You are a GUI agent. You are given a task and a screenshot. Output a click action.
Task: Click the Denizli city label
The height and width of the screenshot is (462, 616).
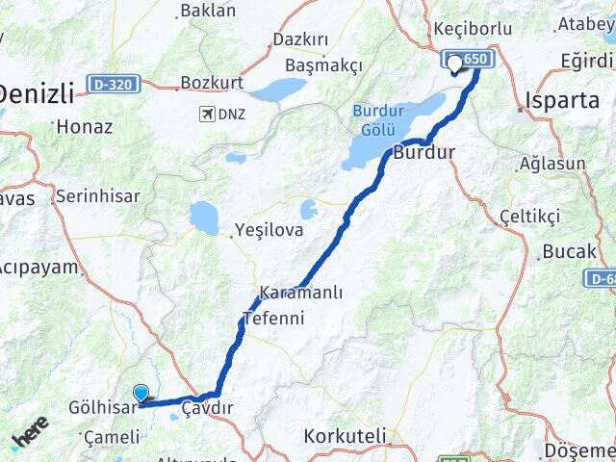pyautogui.click(x=37, y=93)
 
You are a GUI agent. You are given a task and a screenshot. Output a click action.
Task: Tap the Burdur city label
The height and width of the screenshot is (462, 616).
pyautogui.click(x=424, y=153)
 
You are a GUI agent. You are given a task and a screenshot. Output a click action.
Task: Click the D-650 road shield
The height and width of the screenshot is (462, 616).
pyautogui.click(x=469, y=60)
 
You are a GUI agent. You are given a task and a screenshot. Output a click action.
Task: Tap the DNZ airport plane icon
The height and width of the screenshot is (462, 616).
pyautogui.click(x=206, y=115)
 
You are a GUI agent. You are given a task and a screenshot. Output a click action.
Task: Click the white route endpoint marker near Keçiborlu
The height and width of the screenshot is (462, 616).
pyautogui.click(x=454, y=65)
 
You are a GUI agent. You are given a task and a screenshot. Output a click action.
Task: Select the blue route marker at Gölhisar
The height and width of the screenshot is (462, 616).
pyautogui.click(x=141, y=393)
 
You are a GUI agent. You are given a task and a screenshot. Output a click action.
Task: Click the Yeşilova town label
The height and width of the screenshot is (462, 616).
pyautogui.click(x=269, y=230)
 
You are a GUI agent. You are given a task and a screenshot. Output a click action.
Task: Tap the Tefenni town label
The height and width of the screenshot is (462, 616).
pyautogui.click(x=272, y=318)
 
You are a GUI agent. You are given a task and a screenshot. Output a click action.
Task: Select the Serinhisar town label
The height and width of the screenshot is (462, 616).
pyautogui.click(x=97, y=196)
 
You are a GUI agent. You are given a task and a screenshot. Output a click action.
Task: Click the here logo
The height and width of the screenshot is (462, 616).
pyautogui.click(x=29, y=434)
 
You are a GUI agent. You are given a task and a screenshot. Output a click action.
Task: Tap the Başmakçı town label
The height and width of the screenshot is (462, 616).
pyautogui.click(x=322, y=65)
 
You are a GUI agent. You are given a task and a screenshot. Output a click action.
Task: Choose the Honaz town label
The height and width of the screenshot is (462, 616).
pyautogui.click(x=85, y=126)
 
